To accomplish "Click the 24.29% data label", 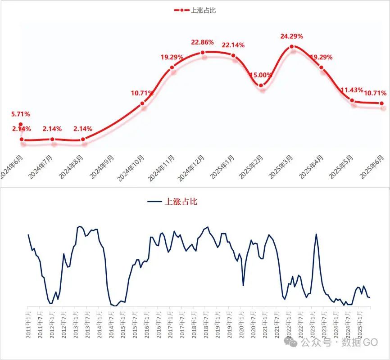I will pos(292,36).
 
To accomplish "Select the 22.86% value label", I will pos(203,42).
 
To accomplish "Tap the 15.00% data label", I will pos(262,75).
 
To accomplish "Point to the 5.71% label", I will pos(21,114).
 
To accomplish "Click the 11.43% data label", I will pos(352,90).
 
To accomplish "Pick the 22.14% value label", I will pos(233,45).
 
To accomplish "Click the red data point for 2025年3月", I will pos(292,46).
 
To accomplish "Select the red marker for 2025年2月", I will pos(262,85).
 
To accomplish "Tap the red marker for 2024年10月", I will pos(142,104).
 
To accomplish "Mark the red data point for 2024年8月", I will pos(83,139).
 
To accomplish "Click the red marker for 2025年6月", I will pos(382,103).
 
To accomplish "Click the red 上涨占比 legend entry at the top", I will pos(195,10).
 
